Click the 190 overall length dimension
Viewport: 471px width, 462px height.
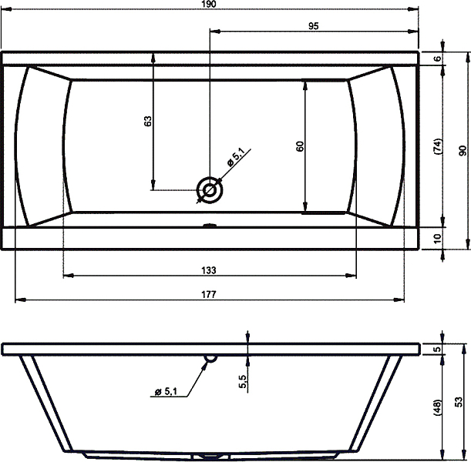point(209,4)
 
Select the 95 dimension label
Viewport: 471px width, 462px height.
point(313,26)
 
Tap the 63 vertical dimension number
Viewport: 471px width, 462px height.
point(148,121)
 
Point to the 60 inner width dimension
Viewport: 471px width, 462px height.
point(300,146)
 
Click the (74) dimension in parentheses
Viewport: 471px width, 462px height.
point(439,146)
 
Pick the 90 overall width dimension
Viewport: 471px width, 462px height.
point(463,151)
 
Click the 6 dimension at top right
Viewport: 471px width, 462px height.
point(439,59)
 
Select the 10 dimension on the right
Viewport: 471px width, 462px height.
point(439,239)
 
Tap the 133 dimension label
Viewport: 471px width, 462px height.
point(209,270)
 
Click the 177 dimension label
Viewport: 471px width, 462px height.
point(209,294)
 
